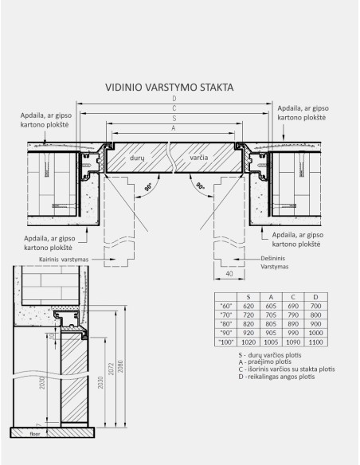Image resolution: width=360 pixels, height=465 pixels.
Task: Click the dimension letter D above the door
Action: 174,99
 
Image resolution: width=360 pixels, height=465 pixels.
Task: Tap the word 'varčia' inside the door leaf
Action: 199,159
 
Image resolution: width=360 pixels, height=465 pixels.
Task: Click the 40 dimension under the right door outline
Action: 229,274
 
